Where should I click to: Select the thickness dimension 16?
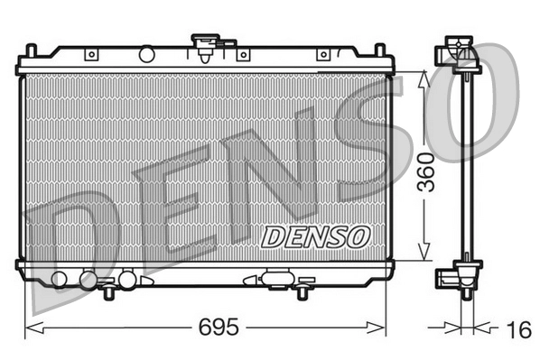coord(518,329)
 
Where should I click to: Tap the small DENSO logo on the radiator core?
coord(316,236)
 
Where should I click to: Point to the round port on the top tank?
coord(146,55)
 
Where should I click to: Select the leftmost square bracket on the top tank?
coord(90,55)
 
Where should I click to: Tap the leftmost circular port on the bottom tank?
coord(60,278)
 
